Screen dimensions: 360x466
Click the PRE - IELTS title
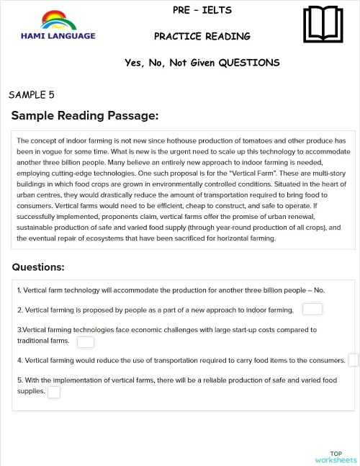[x=202, y=11]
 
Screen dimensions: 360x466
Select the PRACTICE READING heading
[x=202, y=36]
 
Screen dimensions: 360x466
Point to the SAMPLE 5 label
[x=32, y=94]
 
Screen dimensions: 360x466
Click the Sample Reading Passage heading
[x=84, y=116]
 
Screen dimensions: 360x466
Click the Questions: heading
[x=38, y=267]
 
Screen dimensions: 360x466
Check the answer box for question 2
[x=312, y=310]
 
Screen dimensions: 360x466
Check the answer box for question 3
[x=86, y=341]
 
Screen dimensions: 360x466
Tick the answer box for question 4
[x=353, y=360]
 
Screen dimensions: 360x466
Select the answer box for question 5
[x=54, y=392]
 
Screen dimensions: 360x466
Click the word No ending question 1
[x=320, y=290]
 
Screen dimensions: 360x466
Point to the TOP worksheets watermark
[x=336, y=457]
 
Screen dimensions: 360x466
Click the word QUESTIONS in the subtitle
[x=249, y=63]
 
